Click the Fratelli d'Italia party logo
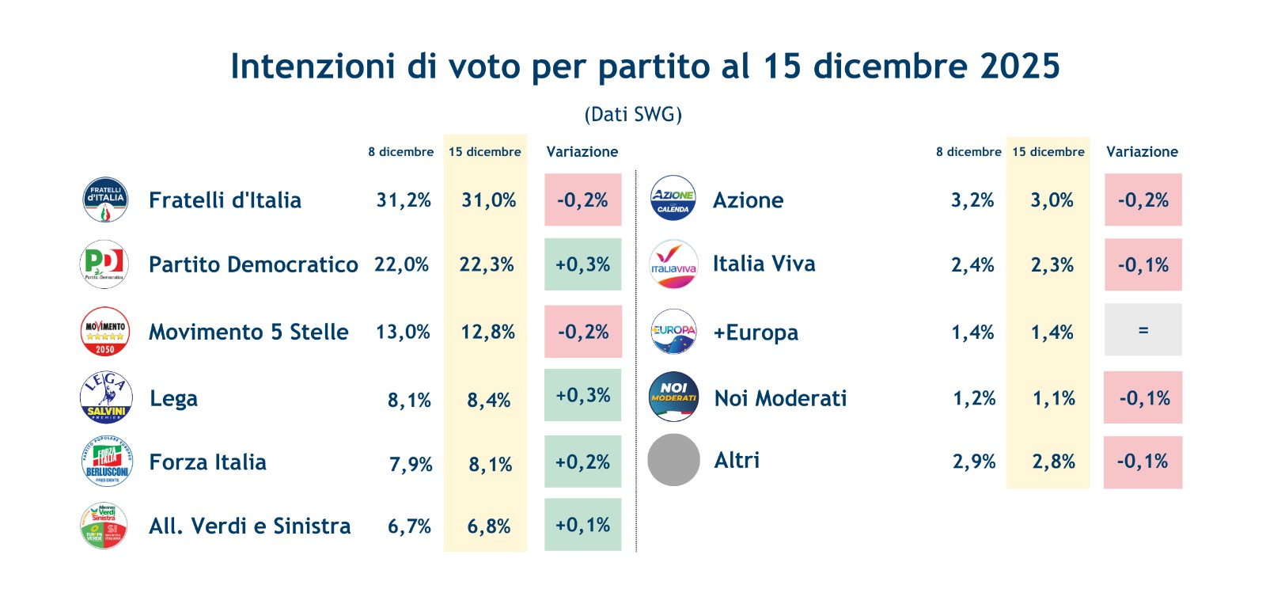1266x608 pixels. point(105,199)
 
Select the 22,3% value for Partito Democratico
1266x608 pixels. point(487,264)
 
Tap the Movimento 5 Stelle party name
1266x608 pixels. point(248,332)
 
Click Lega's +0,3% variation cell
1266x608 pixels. point(582,395)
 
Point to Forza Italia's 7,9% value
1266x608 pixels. point(411,464)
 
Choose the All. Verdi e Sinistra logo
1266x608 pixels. point(104,526)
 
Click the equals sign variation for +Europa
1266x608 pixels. point(1143,330)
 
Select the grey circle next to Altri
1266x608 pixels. point(673,460)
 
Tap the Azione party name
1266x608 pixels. point(748,200)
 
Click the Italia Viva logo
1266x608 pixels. point(673,264)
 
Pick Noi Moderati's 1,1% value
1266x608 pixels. point(1053,398)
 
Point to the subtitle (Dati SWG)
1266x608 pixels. point(633,115)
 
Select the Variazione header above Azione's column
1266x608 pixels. point(1142,152)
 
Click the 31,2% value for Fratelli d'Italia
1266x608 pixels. point(404,200)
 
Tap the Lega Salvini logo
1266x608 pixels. point(106,397)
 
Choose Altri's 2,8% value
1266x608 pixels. point(1053,462)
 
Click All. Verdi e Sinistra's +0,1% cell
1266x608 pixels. point(582,525)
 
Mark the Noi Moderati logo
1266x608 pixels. point(673,397)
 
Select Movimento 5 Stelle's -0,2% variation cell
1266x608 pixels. point(583,332)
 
